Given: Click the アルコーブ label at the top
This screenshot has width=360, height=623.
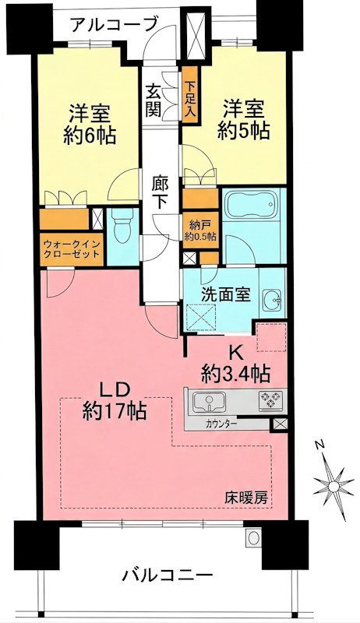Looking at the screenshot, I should pos(114,25).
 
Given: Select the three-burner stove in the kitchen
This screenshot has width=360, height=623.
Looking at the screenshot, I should pos(270,402).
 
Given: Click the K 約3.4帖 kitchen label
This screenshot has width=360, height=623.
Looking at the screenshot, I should pos(238,362).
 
